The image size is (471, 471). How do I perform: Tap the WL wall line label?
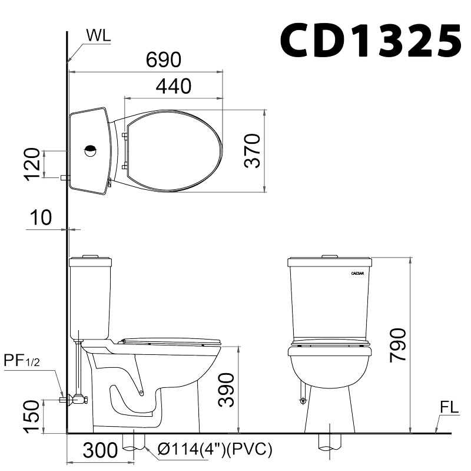pyautogui.click(x=98, y=36)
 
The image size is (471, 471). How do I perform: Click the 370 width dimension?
pyautogui.click(x=253, y=151)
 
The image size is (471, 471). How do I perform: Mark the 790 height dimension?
pyautogui.click(x=399, y=345)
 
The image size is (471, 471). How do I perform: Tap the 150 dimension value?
pyautogui.click(x=34, y=416)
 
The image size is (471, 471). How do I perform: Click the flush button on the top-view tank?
pyautogui.click(x=90, y=150)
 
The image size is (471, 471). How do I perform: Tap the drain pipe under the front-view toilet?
pyautogui.click(x=328, y=441)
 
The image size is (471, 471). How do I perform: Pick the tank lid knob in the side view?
pyautogui.click(x=89, y=256)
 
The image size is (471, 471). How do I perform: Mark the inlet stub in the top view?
pyautogui.click(x=65, y=177)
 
